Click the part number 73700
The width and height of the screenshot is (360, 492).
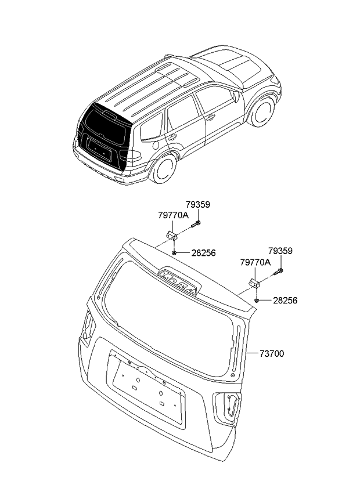click(272, 354)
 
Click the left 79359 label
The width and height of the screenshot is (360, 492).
click(197, 205)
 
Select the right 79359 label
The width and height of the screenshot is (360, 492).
click(280, 251)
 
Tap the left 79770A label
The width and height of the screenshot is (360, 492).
click(173, 215)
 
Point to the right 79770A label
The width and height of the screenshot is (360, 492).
click(255, 262)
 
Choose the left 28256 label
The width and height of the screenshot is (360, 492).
click(204, 253)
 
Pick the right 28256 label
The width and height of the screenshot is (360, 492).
click(285, 301)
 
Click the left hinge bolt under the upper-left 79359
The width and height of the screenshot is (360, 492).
click(196, 224)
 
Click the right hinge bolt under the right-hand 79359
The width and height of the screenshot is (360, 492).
click(278, 272)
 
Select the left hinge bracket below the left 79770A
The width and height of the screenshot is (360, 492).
click(171, 236)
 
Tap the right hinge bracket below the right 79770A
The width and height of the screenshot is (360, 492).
click(254, 283)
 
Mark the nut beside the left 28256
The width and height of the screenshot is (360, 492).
click(174, 252)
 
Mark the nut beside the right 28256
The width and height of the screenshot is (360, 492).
click(257, 301)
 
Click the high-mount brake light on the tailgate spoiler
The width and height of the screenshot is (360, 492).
click(179, 281)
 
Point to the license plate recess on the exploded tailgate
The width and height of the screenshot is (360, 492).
click(146, 389)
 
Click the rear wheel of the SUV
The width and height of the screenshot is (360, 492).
click(163, 168)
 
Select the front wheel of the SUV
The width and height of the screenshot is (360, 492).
click(262, 111)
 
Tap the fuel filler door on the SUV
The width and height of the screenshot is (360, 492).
click(155, 145)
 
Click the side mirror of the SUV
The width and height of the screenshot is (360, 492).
click(236, 96)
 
